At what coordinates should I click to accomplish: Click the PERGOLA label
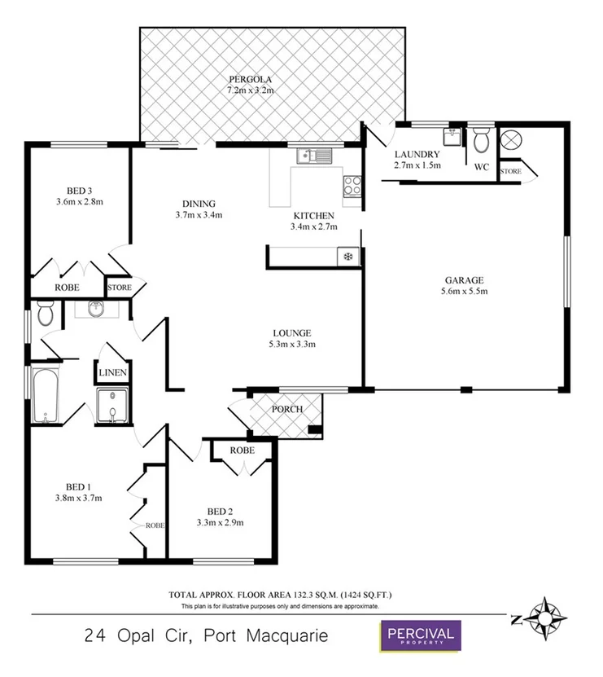[x=250, y=79]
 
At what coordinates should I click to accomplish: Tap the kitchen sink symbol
[x=313, y=155]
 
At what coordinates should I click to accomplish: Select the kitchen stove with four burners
[x=353, y=186]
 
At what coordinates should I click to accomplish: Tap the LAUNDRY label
[x=417, y=154]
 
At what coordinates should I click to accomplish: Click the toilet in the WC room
[x=481, y=140]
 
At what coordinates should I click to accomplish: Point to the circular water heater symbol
[x=510, y=139]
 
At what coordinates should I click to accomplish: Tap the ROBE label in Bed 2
[x=242, y=450]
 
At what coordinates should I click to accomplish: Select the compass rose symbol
[x=540, y=618]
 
